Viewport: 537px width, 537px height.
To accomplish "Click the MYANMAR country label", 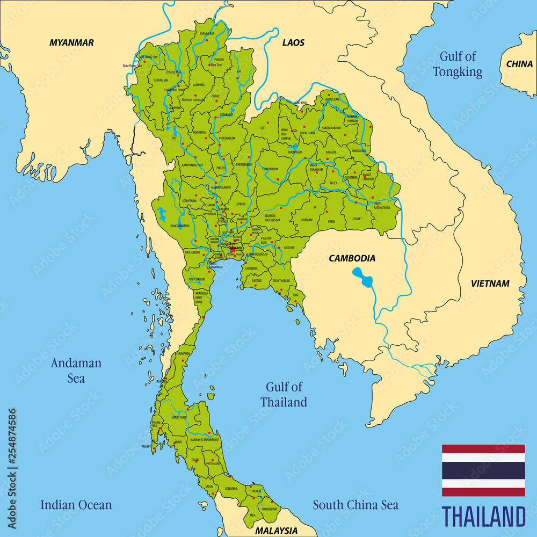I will (71, 42).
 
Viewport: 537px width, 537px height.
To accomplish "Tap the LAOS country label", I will (293, 42).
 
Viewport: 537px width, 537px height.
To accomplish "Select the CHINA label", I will (519, 64).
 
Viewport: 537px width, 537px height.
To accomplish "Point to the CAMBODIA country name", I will (352, 258).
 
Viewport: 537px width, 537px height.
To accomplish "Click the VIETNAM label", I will (490, 284).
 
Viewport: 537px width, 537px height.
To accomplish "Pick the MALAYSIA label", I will (276, 530).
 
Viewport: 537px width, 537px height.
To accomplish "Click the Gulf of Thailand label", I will (284, 394).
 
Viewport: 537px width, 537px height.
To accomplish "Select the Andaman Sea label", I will (76, 371).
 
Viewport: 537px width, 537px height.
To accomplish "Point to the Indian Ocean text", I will (76, 505).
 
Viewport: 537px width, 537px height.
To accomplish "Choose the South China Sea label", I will (355, 505).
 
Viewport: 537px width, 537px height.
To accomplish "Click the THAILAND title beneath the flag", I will (483, 517).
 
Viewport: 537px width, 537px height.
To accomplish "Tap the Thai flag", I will (483, 470).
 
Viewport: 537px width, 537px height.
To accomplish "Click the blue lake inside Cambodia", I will (363, 277).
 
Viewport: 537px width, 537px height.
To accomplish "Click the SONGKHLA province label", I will (231, 489).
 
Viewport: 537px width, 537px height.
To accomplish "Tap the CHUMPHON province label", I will (183, 353).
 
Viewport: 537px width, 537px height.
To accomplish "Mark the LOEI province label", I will (263, 128).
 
